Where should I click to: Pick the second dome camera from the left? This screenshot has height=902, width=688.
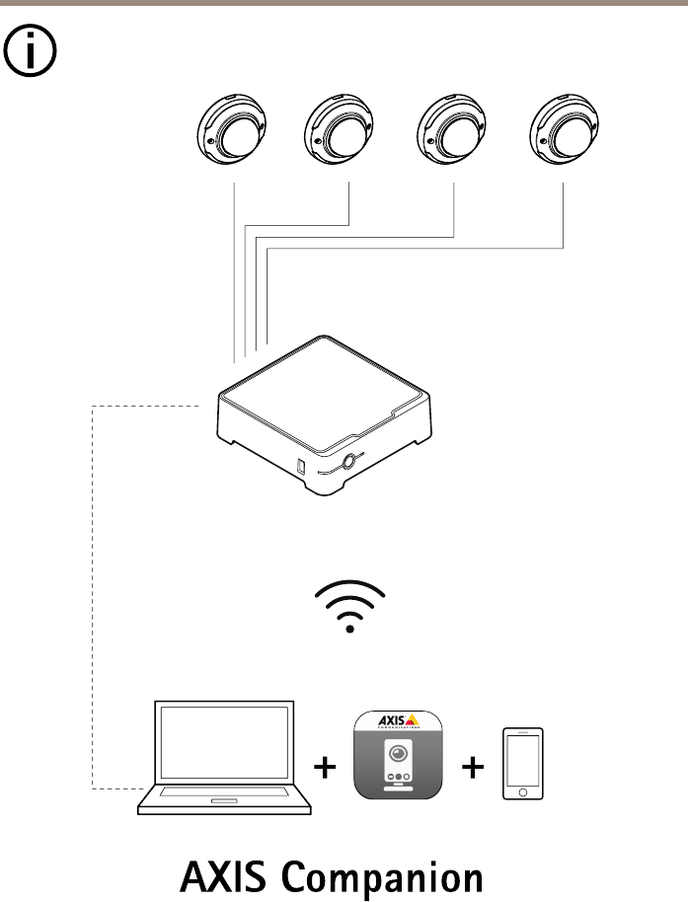341,133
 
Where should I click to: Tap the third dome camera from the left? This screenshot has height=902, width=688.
453,133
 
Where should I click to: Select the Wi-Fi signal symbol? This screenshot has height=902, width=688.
349,605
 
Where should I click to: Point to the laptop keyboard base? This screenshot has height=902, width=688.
224,800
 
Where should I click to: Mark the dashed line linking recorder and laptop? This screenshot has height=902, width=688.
92,592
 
